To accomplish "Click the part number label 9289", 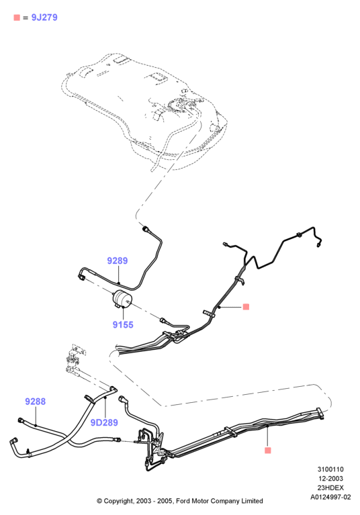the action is pos(118,261).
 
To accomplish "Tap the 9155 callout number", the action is pos(123,324).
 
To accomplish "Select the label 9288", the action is pos(36,402).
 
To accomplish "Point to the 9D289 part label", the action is pos(104,422).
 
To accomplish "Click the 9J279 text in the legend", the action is pos(44,17).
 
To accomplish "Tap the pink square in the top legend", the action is pos(17,17).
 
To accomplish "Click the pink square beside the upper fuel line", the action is pos(246,307).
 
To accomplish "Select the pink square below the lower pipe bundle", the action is pos(268,451).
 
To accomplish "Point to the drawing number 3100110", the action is pos(330,469).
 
